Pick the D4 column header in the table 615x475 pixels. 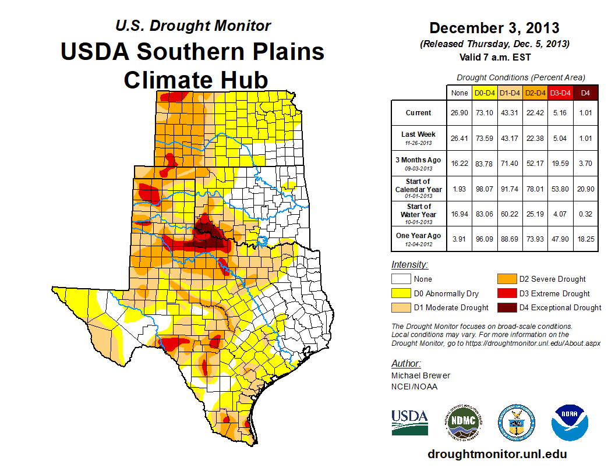(585, 93)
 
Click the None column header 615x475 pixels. (460, 93)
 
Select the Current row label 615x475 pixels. (419, 113)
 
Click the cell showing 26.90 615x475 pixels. (460, 113)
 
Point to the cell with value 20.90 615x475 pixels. (585, 189)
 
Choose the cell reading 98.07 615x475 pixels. (485, 189)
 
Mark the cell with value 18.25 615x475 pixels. (585, 239)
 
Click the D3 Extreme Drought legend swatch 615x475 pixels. (505, 293)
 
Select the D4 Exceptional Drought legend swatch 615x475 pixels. (505, 307)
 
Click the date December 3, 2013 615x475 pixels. (494, 28)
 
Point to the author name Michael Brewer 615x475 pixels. (420, 375)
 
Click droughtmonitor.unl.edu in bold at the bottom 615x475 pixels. (497, 454)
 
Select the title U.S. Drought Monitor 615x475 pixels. (193, 26)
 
